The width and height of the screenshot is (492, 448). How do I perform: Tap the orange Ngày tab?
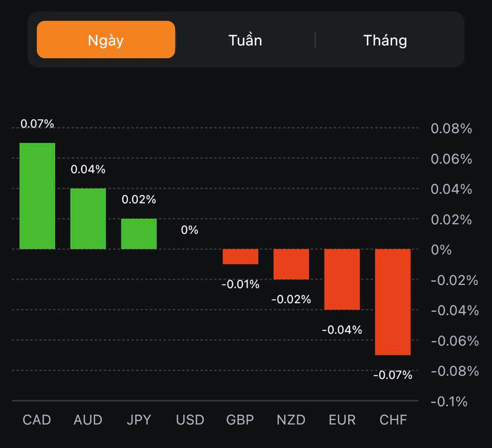coord(106,40)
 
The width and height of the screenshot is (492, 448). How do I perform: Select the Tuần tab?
coord(245,40)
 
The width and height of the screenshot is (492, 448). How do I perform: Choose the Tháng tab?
coord(385,40)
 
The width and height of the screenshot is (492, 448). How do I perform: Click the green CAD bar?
coord(37,196)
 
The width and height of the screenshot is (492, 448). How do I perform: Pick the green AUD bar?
coord(88,219)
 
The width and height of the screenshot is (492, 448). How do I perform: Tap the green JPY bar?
coord(139,234)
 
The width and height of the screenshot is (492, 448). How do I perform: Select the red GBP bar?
coord(240,257)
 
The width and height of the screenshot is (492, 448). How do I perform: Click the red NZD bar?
coord(291,264)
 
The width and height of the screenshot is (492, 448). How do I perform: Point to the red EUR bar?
coord(342,279)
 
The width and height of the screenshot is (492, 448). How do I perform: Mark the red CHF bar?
coord(393,302)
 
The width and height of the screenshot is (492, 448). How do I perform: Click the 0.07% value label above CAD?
coord(37,124)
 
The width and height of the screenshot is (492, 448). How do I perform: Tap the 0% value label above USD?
coord(190,229)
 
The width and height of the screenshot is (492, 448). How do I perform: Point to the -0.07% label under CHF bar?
coord(393,375)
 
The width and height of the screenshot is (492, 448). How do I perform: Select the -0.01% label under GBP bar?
coord(240,284)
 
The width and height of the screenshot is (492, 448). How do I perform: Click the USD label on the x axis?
coord(190,419)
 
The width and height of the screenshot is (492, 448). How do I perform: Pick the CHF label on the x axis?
coord(393,419)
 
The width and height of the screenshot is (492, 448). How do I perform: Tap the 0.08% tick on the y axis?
coord(451,129)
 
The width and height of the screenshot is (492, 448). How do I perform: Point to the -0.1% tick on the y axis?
coord(449,401)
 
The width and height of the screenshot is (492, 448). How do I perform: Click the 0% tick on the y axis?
coord(441,250)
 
